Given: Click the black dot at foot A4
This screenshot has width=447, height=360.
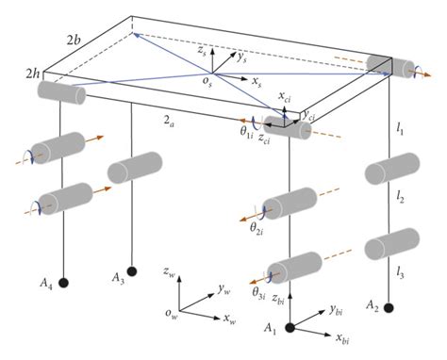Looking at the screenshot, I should point(64,282).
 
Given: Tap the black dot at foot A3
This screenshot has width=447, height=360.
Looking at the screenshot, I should point(132,272).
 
